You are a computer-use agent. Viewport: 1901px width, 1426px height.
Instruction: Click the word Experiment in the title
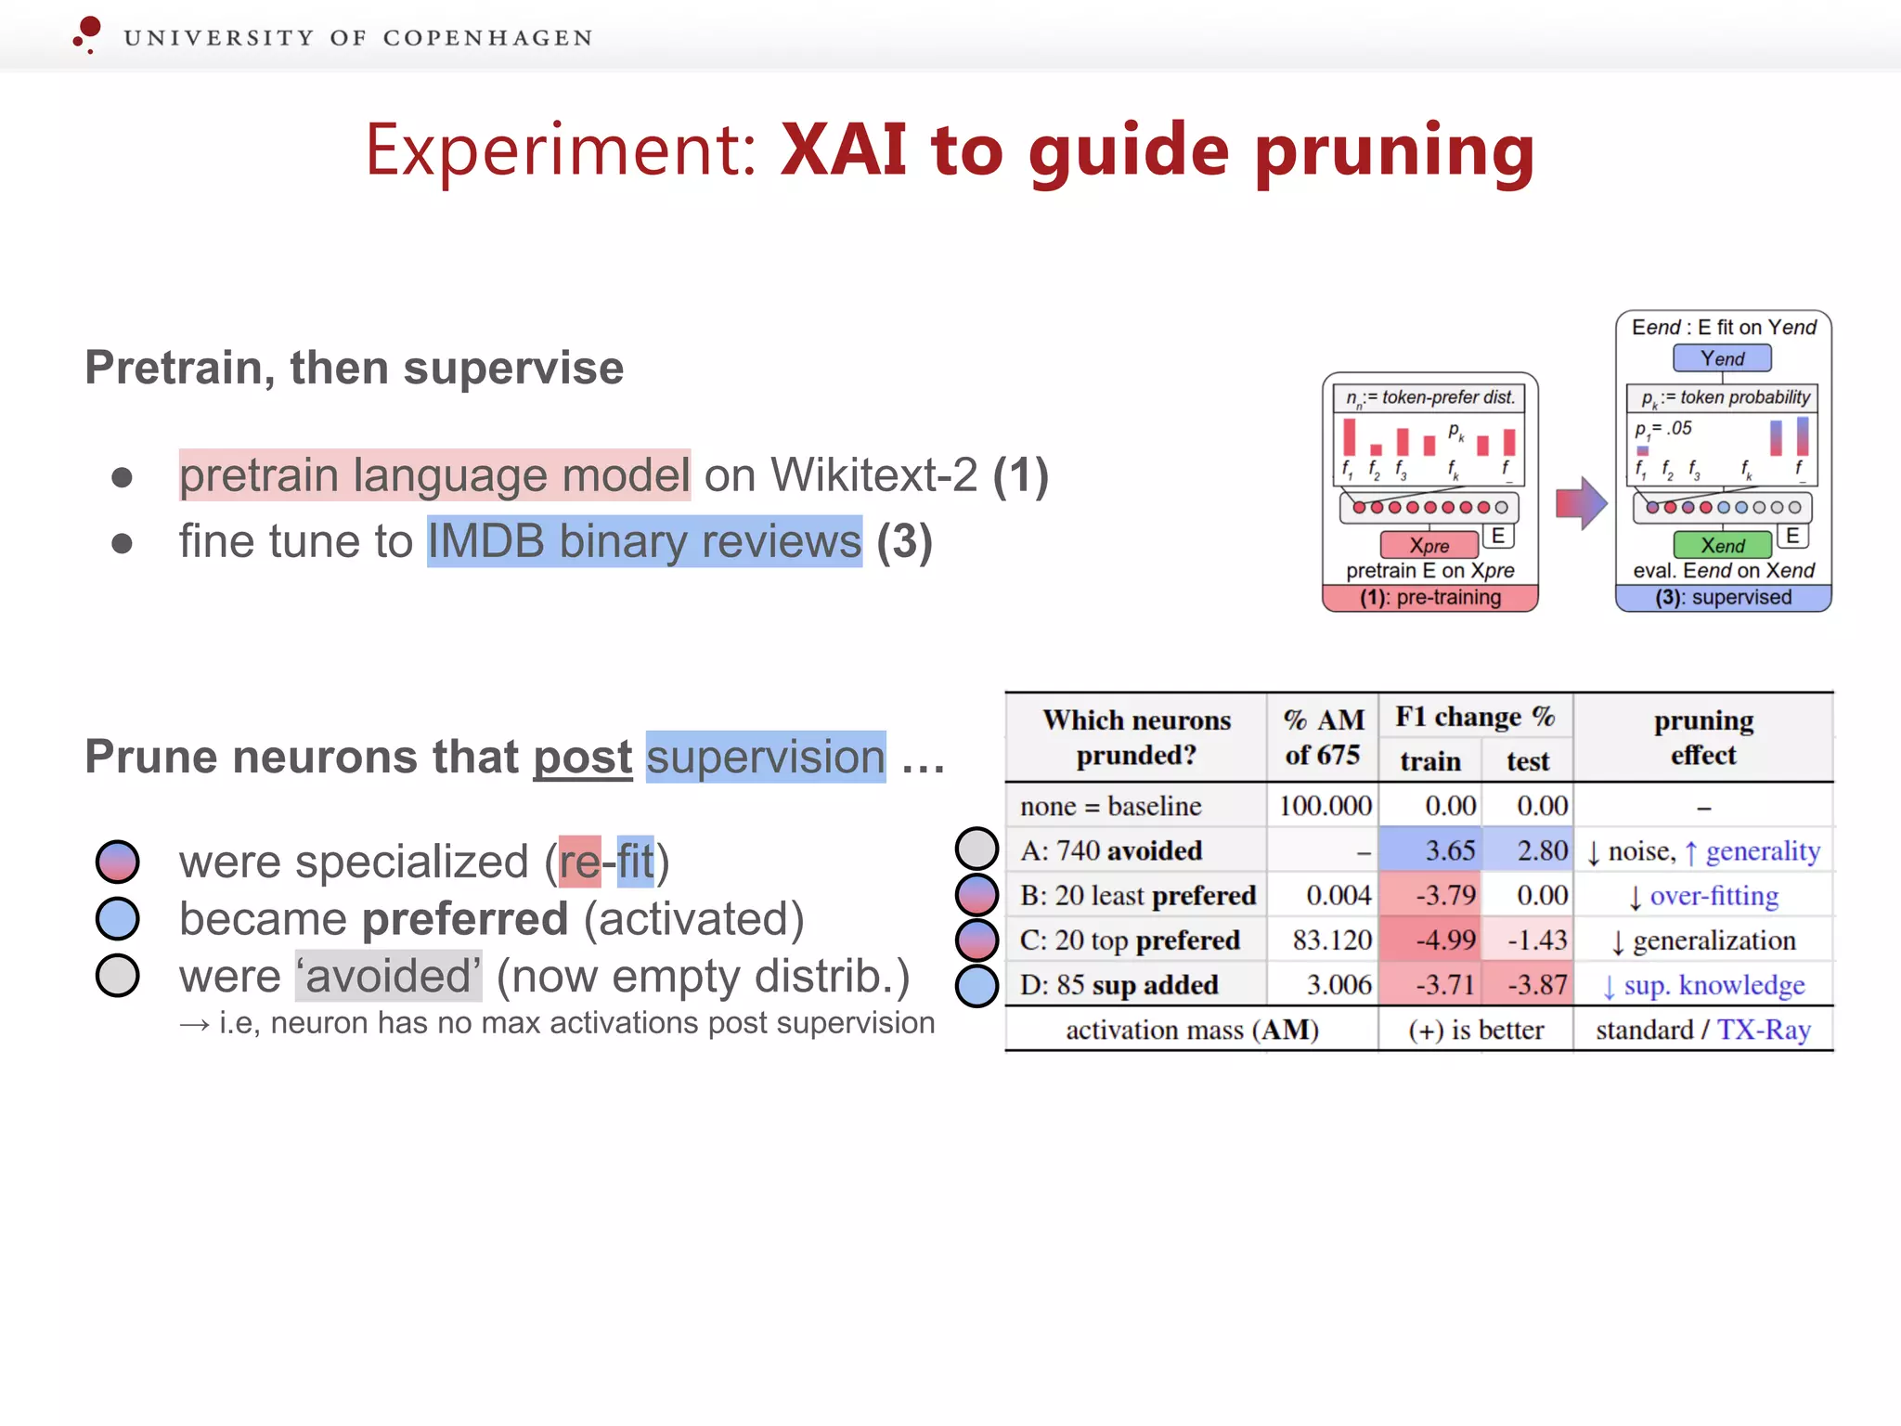coord(561,151)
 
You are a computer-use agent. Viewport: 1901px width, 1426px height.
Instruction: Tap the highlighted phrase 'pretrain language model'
coord(434,475)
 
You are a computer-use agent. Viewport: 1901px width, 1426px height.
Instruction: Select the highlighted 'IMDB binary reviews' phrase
coord(644,541)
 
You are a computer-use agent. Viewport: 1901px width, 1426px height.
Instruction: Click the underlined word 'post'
coord(582,757)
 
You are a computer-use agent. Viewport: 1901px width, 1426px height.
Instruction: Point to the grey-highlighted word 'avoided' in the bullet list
coord(388,976)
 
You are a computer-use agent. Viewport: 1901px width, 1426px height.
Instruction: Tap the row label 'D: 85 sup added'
coord(1119,984)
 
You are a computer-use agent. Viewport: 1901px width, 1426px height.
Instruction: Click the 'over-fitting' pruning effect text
coord(1713,896)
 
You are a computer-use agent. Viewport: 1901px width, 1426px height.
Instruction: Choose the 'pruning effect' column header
coord(1703,737)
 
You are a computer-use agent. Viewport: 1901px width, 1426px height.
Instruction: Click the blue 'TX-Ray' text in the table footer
coord(1764,1030)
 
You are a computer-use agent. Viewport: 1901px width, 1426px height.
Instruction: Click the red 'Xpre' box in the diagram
coord(1429,545)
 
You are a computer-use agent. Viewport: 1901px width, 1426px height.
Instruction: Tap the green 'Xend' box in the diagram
coord(1723,545)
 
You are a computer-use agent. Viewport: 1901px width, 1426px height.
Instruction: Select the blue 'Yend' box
coord(1722,358)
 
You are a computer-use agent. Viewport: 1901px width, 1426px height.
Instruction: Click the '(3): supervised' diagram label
coord(1723,597)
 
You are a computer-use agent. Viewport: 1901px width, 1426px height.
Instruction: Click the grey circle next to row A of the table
coord(976,849)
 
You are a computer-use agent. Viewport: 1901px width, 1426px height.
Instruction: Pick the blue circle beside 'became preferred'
coord(118,918)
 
